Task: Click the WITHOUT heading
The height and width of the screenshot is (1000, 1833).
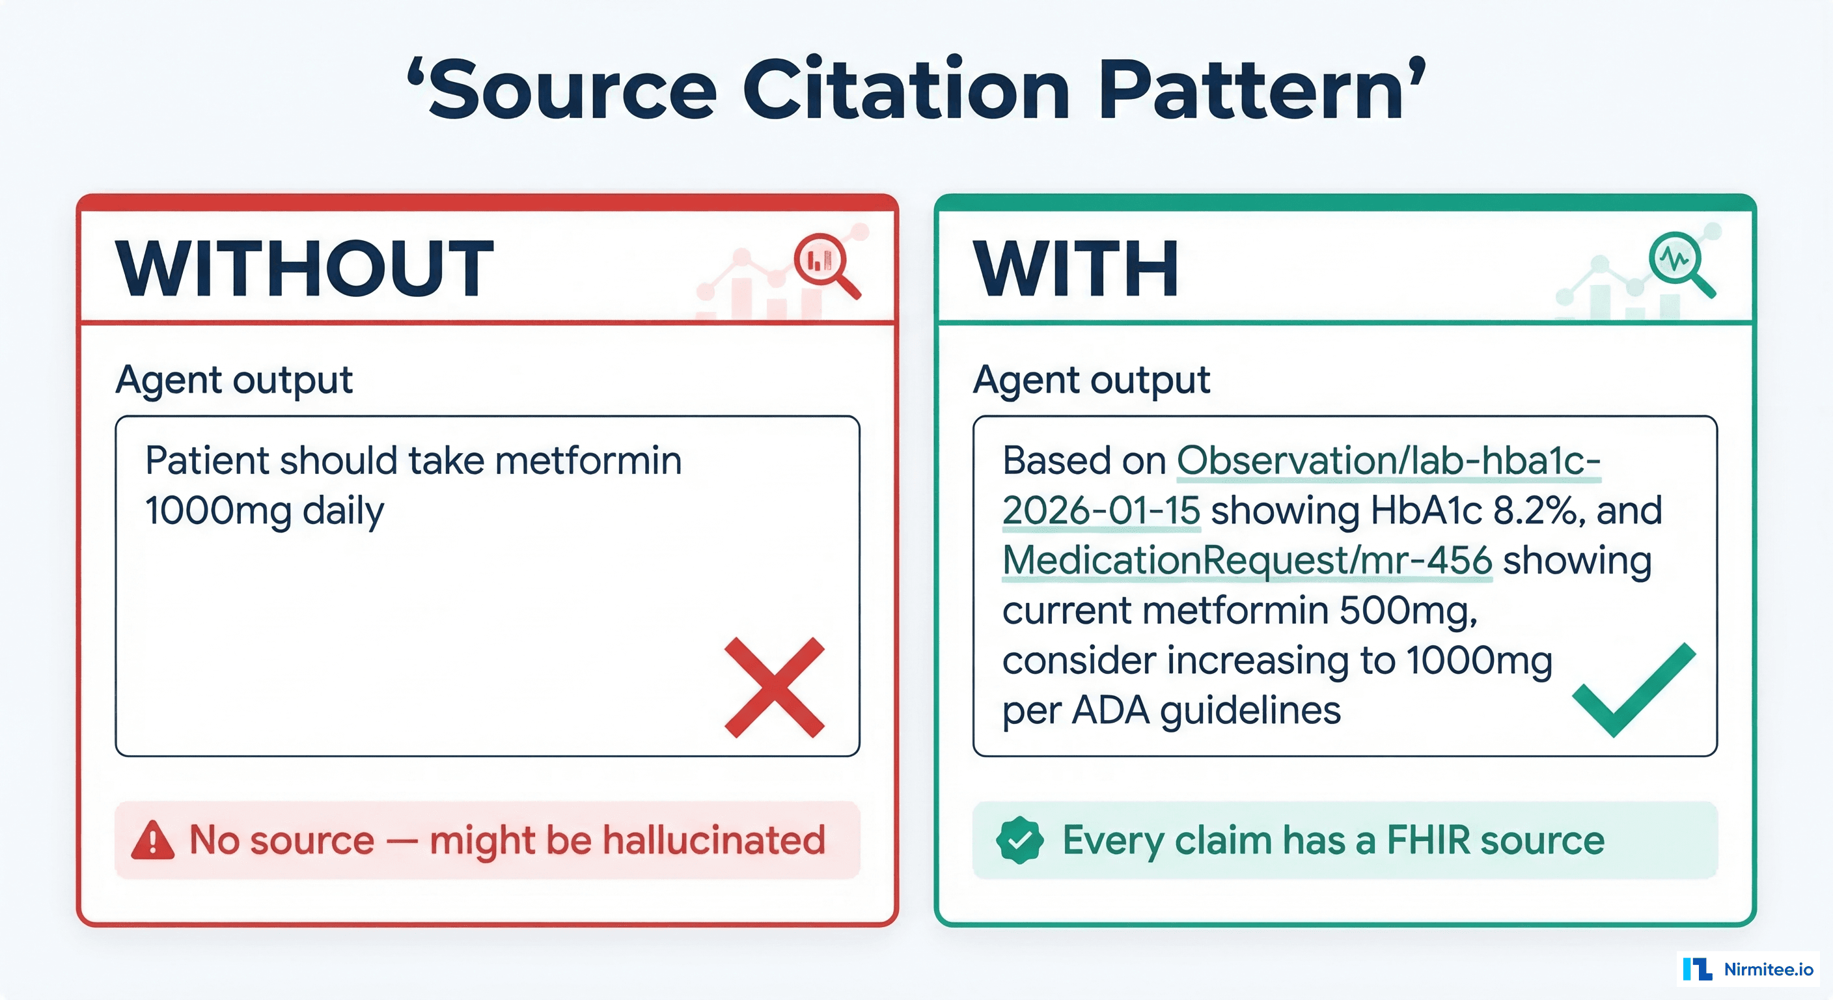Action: click(305, 269)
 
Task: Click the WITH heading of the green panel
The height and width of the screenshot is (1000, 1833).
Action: click(1076, 269)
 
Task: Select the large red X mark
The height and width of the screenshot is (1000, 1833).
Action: click(774, 687)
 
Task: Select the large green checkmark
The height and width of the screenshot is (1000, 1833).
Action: click(1633, 689)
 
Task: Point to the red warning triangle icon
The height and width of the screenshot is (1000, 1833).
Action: click(152, 840)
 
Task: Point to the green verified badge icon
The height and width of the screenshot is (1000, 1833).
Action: click(1020, 840)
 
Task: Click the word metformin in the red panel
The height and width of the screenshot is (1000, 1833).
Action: click(588, 460)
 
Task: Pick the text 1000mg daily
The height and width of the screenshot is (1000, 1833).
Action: click(264, 511)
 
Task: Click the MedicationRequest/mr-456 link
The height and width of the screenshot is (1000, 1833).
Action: click(1247, 561)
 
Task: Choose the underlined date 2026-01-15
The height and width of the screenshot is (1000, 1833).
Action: click(1101, 511)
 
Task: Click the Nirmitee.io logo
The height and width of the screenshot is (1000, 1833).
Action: click(1748, 969)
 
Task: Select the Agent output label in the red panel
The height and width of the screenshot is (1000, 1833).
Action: click(234, 380)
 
